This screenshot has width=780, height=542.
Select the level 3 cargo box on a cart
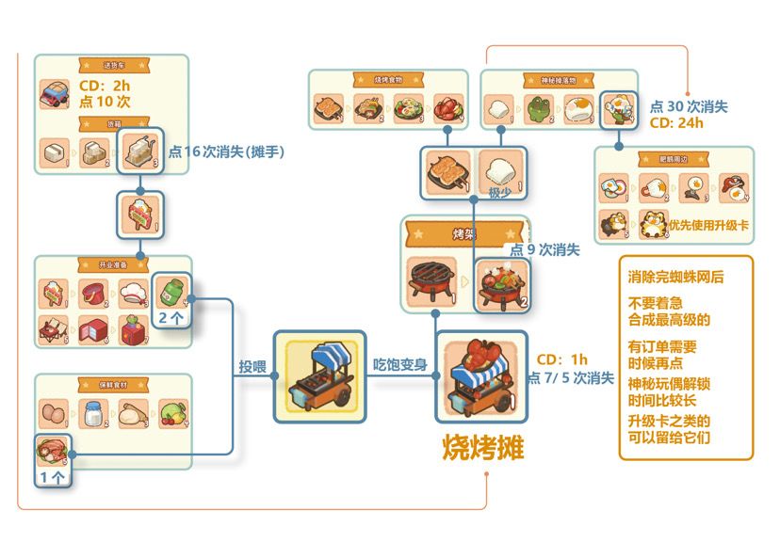pos(140,151)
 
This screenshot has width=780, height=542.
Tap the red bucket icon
pos(95,294)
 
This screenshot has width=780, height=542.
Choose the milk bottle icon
pos(95,414)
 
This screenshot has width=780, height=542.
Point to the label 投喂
pos(253,365)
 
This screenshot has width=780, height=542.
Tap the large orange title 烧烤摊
pos(482,447)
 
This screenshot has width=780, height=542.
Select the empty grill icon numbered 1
pos(429,279)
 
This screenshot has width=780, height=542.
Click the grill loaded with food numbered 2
pos(501,281)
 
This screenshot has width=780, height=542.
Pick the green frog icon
pos(540,109)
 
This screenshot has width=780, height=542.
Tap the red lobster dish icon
pos(446,109)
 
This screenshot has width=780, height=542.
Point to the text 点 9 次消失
pos(545,249)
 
